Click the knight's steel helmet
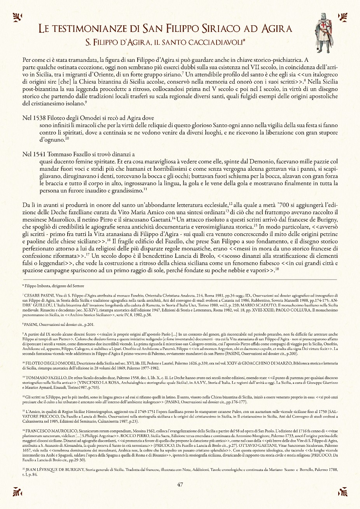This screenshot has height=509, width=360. [x=323, y=17]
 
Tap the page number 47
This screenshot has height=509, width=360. [x=180, y=485]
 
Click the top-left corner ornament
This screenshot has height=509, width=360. [x=17, y=17]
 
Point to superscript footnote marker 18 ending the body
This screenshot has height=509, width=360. [x=277, y=269]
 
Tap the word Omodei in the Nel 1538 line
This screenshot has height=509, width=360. [x=99, y=118]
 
